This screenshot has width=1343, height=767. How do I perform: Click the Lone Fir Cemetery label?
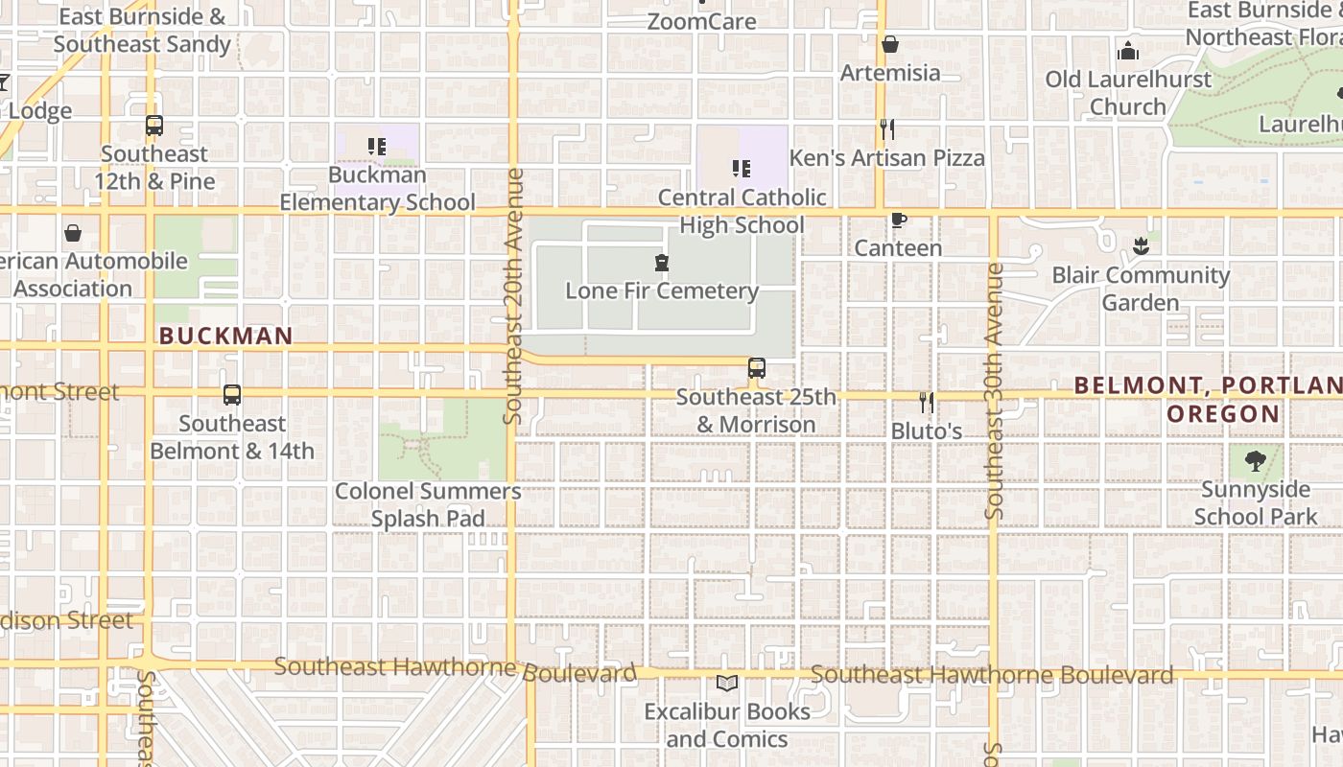pyautogui.click(x=662, y=291)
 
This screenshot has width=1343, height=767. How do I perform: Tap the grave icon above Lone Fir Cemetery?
pyautogui.click(x=661, y=263)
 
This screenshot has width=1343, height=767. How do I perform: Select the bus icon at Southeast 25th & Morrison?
pyautogui.click(x=757, y=368)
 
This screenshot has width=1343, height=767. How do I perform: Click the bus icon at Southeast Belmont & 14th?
pyautogui.click(x=232, y=394)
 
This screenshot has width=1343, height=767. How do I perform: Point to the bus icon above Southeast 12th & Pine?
pyautogui.click(x=154, y=126)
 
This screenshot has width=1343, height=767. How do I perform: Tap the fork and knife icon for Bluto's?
pyautogui.click(x=926, y=402)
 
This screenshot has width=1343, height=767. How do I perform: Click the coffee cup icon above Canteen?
pyautogui.click(x=898, y=221)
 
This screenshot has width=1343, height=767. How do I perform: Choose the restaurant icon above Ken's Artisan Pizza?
pyautogui.click(x=887, y=129)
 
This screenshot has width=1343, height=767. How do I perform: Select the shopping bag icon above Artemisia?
pyautogui.click(x=890, y=44)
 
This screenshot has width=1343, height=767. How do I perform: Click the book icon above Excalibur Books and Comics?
pyautogui.click(x=726, y=683)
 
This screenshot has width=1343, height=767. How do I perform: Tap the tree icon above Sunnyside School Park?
pyautogui.click(x=1255, y=461)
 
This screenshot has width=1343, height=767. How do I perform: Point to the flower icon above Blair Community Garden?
pyautogui.click(x=1140, y=246)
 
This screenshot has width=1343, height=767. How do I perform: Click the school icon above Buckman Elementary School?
pyautogui.click(x=377, y=147)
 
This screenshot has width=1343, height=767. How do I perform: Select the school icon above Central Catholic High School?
pyautogui.click(x=742, y=169)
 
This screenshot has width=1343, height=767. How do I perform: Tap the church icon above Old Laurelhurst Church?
pyautogui.click(x=1128, y=51)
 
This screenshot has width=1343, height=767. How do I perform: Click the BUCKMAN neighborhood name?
pyautogui.click(x=225, y=336)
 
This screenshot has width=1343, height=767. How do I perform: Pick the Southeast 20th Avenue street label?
pyautogui.click(x=514, y=295)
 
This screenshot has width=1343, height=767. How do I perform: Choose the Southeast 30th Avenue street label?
pyautogui.click(x=994, y=391)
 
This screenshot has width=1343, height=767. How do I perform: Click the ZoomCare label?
pyautogui.click(x=701, y=21)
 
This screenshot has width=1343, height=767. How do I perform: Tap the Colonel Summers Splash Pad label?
pyautogui.click(x=428, y=504)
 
